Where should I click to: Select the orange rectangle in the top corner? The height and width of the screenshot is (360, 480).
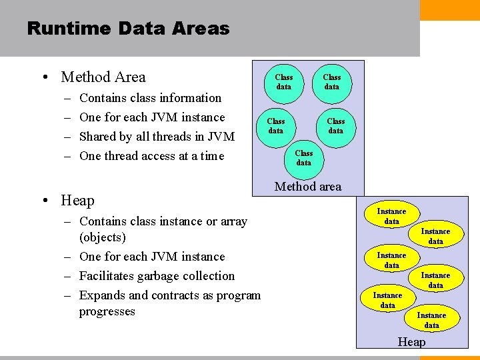point(450,10)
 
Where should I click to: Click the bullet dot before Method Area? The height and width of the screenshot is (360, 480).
point(44,78)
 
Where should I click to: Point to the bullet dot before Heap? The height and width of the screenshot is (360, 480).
point(44,201)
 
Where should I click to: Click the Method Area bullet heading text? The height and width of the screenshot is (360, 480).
point(103,77)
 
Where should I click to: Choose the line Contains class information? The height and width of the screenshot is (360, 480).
point(150,98)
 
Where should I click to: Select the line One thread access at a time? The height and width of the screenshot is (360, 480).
point(151,156)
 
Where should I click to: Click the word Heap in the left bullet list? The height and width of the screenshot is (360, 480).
point(77,200)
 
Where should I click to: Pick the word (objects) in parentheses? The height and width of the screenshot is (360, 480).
point(102,237)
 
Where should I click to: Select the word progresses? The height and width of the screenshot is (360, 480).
point(107,311)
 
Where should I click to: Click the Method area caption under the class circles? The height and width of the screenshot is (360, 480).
point(308,187)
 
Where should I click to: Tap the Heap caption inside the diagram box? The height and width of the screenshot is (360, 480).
point(411,342)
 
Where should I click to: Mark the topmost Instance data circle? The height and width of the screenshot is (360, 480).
point(391,216)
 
